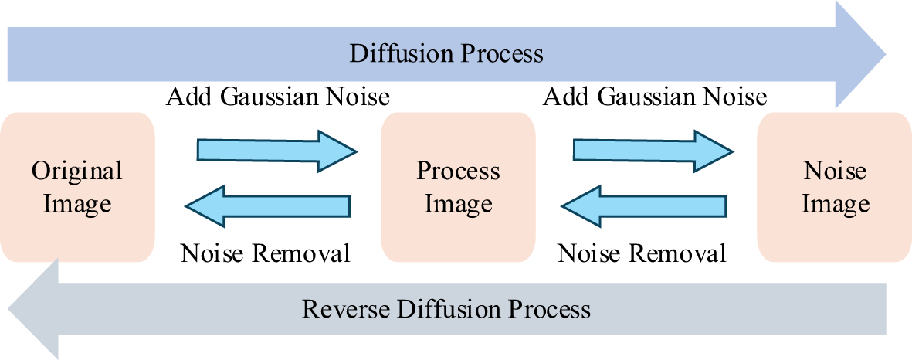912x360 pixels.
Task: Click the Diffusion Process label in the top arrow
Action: coord(446,54)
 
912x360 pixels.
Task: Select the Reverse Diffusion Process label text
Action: coord(446,309)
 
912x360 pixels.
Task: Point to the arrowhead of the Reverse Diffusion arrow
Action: coord(35,308)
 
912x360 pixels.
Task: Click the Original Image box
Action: coord(77,187)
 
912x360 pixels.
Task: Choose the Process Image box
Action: coord(458,187)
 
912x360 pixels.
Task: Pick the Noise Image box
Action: coord(835,187)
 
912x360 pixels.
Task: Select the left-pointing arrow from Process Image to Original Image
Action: coord(267,205)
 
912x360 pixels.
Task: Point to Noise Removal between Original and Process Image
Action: coord(266,253)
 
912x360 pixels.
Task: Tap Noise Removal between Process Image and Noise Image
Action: coord(642,253)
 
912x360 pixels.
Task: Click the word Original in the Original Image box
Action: coord(77,171)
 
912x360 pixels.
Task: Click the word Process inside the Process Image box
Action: coord(458,172)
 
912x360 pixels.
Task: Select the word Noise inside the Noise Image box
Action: coord(835,171)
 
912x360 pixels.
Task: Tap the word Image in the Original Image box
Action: coord(77,204)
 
